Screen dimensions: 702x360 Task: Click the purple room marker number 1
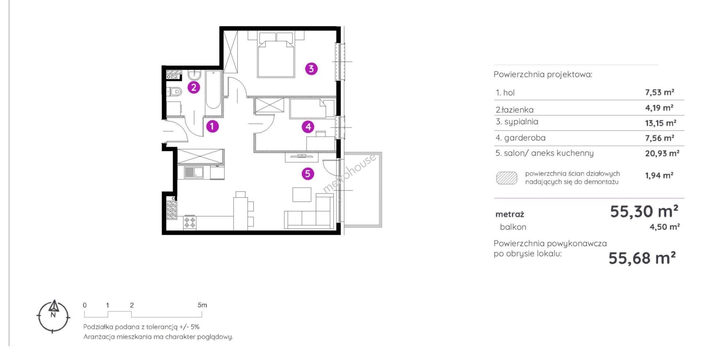click(212, 126)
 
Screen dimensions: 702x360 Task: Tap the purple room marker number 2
click(194, 87)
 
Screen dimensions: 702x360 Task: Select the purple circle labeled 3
click(311, 68)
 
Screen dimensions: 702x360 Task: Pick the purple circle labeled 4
click(308, 127)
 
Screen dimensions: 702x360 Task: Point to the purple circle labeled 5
click(308, 173)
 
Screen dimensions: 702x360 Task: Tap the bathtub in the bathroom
click(213, 90)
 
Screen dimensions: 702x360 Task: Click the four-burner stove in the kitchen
click(190, 222)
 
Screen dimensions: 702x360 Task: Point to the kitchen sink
click(194, 172)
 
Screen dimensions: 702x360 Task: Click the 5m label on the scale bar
click(202, 305)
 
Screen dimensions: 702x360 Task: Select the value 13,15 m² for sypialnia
click(660, 123)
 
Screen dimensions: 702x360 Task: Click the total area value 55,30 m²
click(644, 211)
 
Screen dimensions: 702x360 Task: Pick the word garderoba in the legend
click(525, 138)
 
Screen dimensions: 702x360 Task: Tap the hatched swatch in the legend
click(506, 178)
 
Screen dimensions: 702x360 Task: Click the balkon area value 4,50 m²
click(664, 227)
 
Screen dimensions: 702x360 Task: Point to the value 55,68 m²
click(642, 258)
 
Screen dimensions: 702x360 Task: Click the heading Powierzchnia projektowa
click(543, 75)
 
